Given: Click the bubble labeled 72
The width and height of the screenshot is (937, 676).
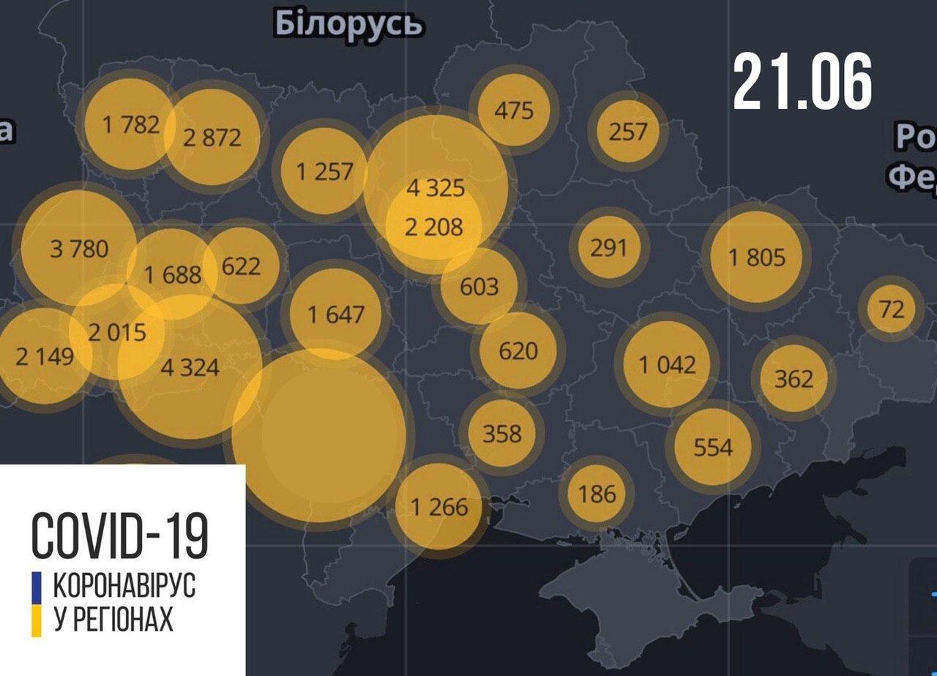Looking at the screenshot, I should (x=892, y=309).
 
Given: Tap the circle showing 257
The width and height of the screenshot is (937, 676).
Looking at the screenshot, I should (x=628, y=131).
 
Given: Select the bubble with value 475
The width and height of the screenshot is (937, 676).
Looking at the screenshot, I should (x=514, y=111).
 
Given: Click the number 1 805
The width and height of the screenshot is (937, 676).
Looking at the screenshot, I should (x=756, y=257).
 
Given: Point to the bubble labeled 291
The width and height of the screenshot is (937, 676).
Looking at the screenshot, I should (x=608, y=247).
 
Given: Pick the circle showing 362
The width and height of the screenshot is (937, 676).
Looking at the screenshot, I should (x=794, y=378).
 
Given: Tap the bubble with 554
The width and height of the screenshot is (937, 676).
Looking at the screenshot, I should (x=712, y=446).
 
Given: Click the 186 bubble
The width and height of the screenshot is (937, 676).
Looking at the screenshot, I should (x=597, y=494).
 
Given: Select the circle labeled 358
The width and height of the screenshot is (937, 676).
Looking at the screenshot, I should (x=502, y=433).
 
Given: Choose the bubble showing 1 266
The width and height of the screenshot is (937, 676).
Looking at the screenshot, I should (x=438, y=506).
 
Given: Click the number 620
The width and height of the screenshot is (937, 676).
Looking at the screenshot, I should (x=518, y=350).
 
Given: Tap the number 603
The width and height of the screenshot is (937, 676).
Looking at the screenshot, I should (x=479, y=286).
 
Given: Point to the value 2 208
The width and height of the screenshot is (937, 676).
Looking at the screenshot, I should (x=434, y=228).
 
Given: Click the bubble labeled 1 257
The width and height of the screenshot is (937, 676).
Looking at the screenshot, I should (x=324, y=172).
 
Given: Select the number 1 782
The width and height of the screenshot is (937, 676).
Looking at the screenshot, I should (x=131, y=124).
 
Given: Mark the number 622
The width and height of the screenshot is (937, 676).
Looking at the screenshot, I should (x=241, y=265).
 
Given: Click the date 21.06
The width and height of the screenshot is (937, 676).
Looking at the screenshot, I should (x=802, y=82).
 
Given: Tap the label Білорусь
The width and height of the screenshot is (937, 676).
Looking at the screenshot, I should (x=348, y=24).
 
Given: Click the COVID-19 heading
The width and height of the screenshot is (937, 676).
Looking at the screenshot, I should (x=120, y=535).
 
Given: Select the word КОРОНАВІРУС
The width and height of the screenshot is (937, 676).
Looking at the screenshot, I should (x=124, y=587).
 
